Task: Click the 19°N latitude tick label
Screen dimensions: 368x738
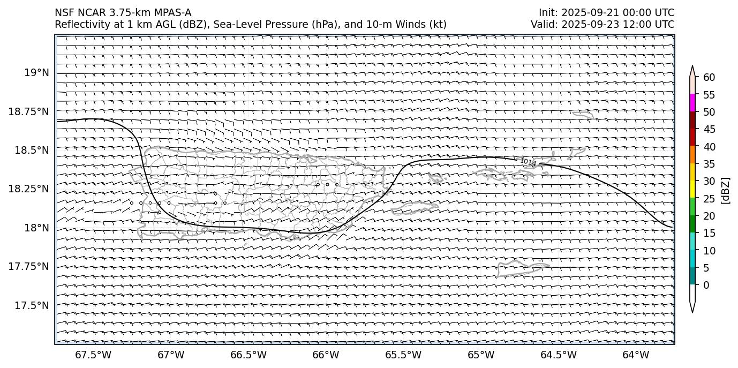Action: point(36,73)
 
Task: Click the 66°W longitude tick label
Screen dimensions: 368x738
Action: point(326,355)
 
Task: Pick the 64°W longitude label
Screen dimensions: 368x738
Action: point(636,355)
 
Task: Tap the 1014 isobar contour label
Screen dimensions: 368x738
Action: point(528,162)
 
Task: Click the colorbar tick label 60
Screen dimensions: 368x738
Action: point(709,78)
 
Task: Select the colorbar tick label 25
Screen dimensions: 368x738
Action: point(709,199)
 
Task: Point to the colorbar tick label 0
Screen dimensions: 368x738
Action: point(706,286)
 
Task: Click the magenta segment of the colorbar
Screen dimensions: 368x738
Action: point(692,103)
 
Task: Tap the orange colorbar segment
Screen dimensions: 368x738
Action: point(692,154)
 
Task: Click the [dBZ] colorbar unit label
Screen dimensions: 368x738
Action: point(726,190)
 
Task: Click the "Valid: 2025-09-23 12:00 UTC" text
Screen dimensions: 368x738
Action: point(603,24)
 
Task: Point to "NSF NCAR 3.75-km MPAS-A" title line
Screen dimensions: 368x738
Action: point(123,13)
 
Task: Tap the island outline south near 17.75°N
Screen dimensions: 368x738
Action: point(522,268)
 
